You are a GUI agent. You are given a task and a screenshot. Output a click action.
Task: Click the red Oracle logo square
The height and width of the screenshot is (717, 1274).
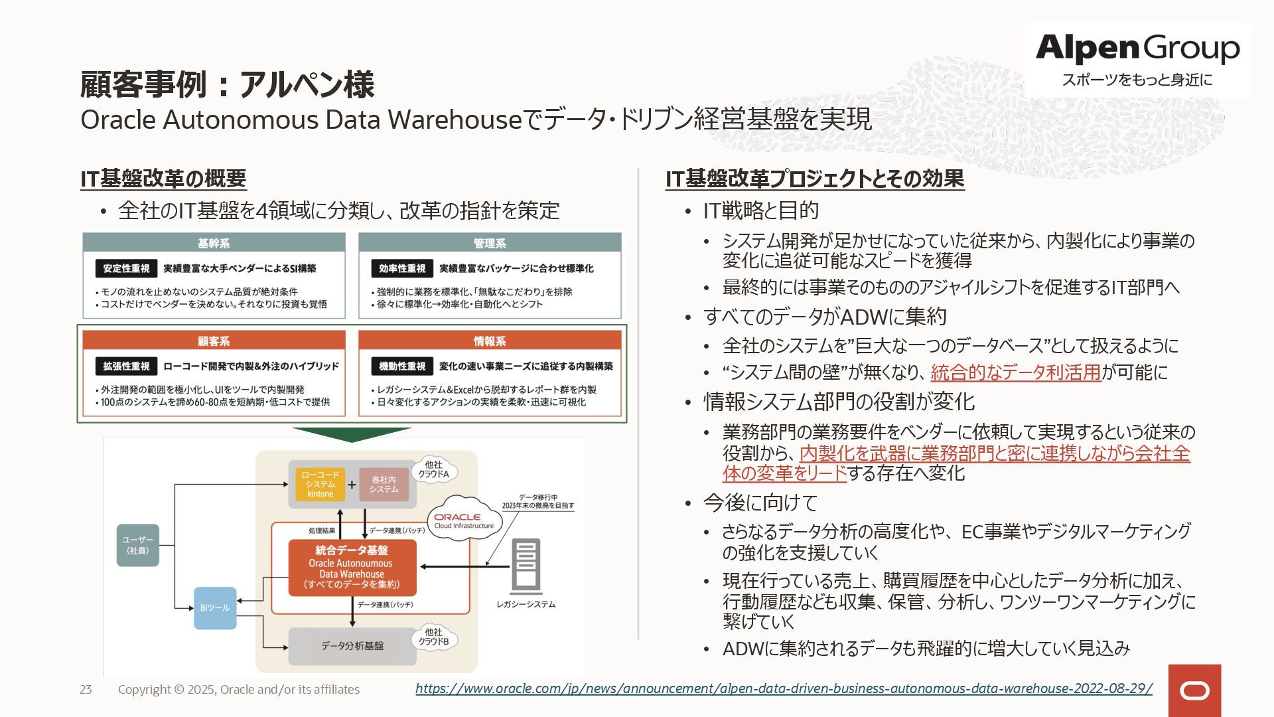[1194, 690]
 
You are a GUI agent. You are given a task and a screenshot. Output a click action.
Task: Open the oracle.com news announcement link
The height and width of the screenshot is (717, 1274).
[784, 688]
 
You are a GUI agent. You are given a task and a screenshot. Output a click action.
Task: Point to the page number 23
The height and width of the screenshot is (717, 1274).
[86, 690]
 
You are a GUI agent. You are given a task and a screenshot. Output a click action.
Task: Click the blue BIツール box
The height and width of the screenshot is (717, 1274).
[215, 607]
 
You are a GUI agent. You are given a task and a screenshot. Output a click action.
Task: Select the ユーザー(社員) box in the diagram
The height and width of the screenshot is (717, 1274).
[138, 545]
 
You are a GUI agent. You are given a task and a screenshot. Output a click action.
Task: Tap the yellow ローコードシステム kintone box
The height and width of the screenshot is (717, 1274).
[320, 485]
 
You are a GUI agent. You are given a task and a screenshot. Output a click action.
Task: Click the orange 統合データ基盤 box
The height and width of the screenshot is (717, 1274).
[352, 567]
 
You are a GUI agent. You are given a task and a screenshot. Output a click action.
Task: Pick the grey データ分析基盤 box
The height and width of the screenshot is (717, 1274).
[352, 646]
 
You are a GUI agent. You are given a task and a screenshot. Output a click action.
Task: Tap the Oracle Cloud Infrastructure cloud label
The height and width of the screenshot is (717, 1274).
[464, 520]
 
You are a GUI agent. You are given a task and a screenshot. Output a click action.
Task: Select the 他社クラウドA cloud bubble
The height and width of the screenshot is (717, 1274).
[434, 469]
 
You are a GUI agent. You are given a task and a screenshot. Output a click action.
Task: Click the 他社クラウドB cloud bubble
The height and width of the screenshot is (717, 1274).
[434, 637]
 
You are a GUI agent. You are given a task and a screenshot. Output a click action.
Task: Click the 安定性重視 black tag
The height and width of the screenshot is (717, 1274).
[126, 268]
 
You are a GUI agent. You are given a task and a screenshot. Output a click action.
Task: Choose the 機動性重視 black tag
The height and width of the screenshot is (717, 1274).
[402, 366]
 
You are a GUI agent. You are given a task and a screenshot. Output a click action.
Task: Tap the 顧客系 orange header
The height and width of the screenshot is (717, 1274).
[214, 341]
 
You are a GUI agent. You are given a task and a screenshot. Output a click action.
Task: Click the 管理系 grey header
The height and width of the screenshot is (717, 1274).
[490, 243]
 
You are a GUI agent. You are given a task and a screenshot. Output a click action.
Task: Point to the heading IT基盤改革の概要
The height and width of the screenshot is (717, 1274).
[163, 179]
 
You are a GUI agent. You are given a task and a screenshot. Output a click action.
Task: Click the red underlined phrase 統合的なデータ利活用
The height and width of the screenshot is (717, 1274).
[1016, 372]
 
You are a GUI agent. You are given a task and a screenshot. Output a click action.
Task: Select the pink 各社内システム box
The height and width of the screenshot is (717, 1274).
[384, 485]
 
